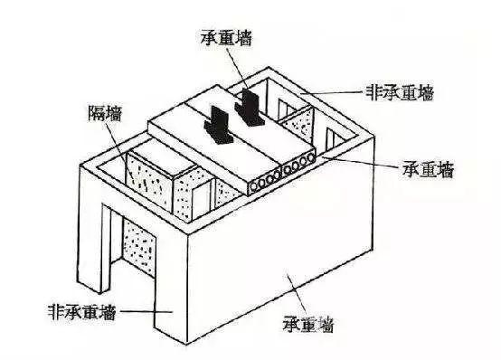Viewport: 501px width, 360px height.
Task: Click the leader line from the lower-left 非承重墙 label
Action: pos(133,310)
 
